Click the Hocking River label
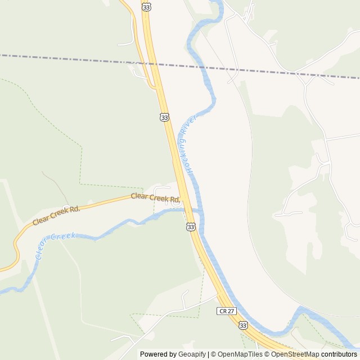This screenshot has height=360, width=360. tap(187, 148)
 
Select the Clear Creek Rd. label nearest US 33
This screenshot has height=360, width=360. tap(155, 197)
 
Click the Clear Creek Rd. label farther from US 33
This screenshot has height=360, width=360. tap(56, 215)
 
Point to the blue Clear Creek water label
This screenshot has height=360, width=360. tap(55, 245)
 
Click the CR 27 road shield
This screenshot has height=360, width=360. tap(225, 310)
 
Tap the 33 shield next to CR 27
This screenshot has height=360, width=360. tap(242, 325)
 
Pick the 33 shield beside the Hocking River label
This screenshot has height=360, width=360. tap(164, 117)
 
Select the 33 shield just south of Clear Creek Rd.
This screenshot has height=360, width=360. tap(191, 226)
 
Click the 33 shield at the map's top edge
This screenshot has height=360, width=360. tap(147, 6)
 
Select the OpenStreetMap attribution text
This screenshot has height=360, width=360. tap(295, 354)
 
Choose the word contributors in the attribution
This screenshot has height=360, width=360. tap(339, 354)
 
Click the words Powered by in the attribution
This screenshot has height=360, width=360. tap(157, 354)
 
